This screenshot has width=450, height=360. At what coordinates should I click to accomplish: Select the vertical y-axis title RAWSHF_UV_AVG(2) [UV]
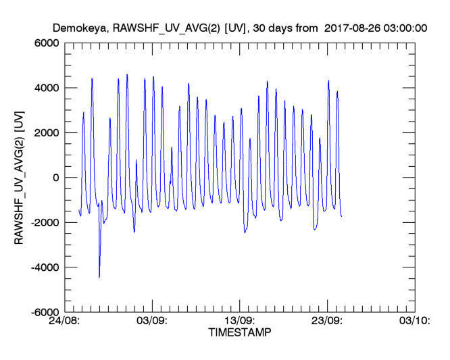pos(20,178)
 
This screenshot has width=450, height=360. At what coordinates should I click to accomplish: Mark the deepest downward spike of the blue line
pos(99,277)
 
